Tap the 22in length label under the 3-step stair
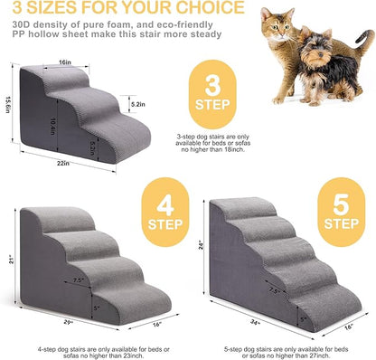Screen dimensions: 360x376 click(x=88, y=163)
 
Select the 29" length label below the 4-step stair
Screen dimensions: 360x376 click(x=69, y=324)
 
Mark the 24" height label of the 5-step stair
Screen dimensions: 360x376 click(x=202, y=242)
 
